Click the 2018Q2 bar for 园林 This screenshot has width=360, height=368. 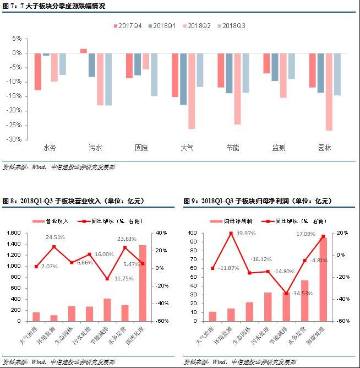329,91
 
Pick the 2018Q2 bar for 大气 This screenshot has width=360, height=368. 192,91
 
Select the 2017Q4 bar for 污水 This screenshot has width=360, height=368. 84,51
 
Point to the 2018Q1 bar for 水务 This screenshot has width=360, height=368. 46,54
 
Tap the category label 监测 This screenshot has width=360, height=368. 279,148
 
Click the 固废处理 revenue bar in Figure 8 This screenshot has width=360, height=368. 142,283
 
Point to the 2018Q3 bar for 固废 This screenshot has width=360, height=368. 154,74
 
